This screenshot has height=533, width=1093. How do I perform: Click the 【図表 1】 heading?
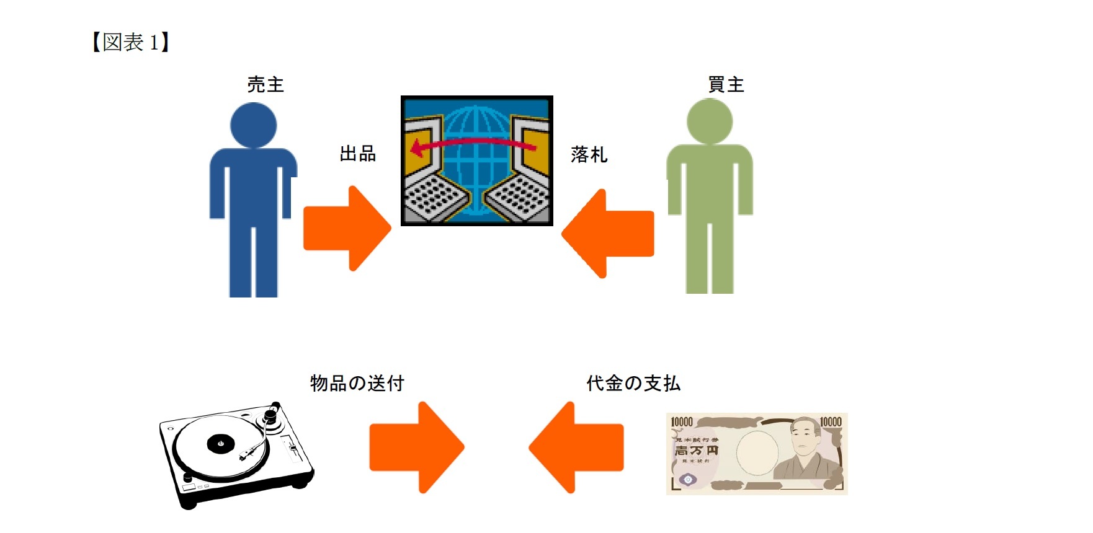130,43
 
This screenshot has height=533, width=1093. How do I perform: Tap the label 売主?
265,84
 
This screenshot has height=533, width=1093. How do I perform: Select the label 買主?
726,84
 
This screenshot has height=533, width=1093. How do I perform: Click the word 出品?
358,154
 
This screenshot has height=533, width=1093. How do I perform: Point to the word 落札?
589,154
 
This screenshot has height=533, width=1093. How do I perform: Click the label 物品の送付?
357,383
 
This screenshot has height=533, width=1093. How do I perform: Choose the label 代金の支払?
633,383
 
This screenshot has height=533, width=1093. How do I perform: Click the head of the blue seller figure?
253,125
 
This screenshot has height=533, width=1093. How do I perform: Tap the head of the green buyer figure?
710,121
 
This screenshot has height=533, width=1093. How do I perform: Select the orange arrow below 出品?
347,228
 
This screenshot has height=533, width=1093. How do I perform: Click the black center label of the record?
220,443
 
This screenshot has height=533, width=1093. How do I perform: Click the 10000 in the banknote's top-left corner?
682,422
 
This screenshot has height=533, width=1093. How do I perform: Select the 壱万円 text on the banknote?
696,451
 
